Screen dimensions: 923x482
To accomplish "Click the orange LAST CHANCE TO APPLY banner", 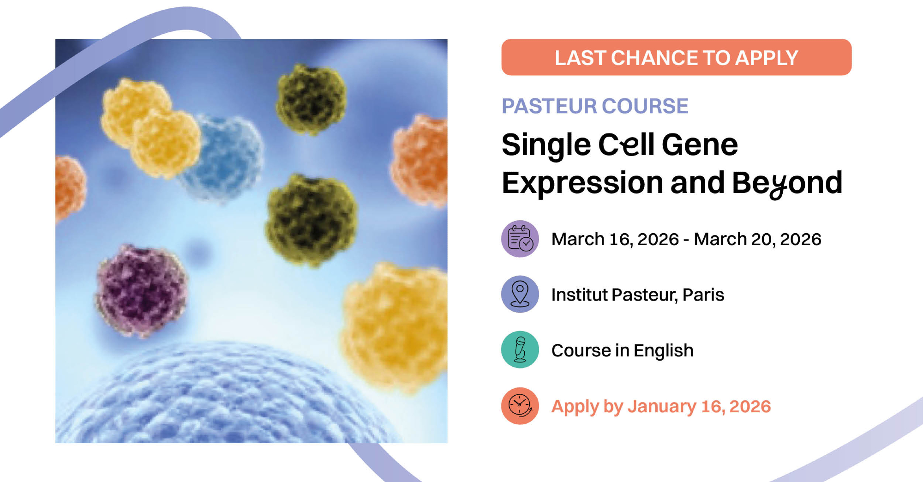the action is pos(676,57).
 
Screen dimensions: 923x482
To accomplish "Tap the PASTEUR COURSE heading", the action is pos(595,106).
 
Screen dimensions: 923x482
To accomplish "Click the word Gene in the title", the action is pos(700,145).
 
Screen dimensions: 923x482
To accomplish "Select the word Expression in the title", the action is pos(582,183).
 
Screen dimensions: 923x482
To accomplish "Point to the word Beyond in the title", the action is pos(787,184).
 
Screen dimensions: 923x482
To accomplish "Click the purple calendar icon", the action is pos(520,239).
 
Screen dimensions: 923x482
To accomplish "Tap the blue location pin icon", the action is pos(520,294).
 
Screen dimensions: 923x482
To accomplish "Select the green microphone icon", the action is pos(520,349).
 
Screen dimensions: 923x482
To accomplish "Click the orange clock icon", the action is pos(520,406).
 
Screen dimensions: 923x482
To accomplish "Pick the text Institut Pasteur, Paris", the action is pos(638,295).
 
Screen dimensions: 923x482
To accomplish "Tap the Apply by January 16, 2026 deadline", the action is pos(661,407).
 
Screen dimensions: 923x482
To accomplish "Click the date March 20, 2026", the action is pos(757,239).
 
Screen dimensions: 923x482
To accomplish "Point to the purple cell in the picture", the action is pos(141,290).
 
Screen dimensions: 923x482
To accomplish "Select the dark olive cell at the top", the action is pos(312,98).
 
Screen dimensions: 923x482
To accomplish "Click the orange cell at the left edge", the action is pos(69,187).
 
